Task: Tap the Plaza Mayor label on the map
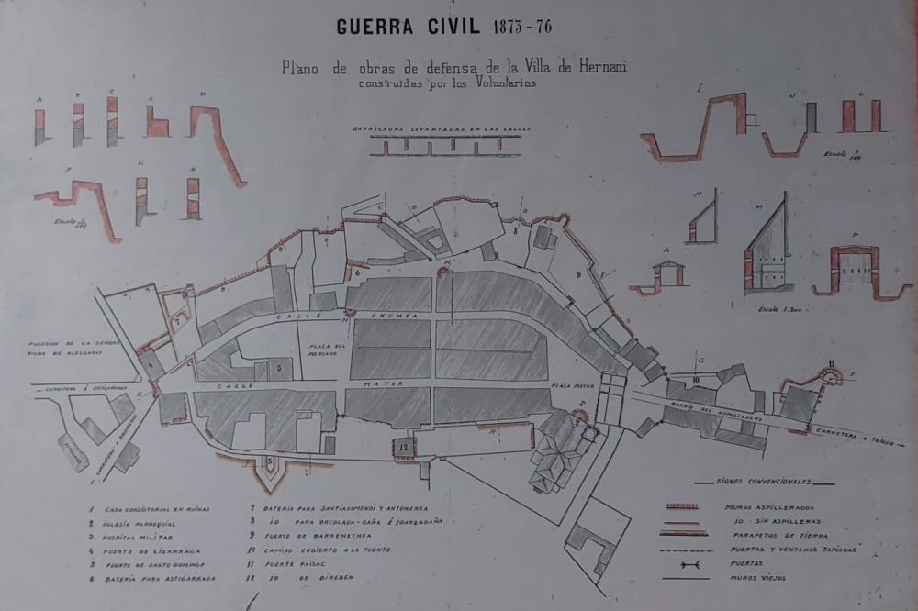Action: (571, 388)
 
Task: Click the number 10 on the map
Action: (697, 379)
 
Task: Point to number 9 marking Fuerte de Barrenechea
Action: (578, 274)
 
